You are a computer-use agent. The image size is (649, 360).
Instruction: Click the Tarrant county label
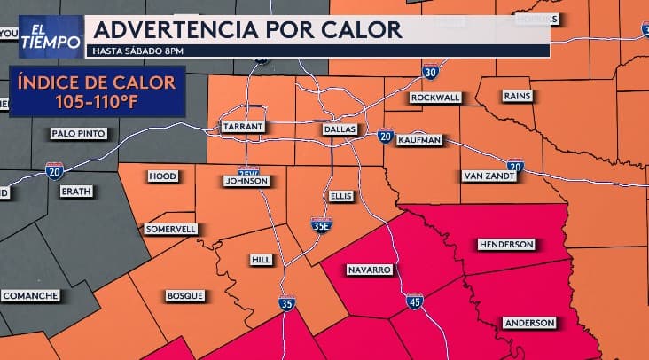tap(243, 127)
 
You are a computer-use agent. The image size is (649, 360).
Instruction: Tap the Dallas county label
tap(339, 129)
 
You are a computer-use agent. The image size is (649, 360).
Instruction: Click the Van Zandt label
tap(486, 176)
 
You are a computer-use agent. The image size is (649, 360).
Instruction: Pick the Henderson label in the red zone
tap(505, 244)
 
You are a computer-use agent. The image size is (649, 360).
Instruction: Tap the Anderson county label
tap(529, 323)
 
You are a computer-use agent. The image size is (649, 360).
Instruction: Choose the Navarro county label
tap(368, 269)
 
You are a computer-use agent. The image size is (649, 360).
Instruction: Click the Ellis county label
tap(340, 195)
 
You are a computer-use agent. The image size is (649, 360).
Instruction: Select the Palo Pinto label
tap(79, 133)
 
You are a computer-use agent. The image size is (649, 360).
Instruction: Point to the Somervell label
tap(170, 229)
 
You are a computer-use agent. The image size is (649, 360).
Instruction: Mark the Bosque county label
tap(184, 295)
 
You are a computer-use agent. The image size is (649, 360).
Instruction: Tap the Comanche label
tap(31, 295)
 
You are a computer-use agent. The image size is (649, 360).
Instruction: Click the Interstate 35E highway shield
tap(322, 225)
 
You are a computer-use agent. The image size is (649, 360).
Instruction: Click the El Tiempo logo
tap(51, 35)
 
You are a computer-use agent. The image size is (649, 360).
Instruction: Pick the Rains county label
tap(516, 95)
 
